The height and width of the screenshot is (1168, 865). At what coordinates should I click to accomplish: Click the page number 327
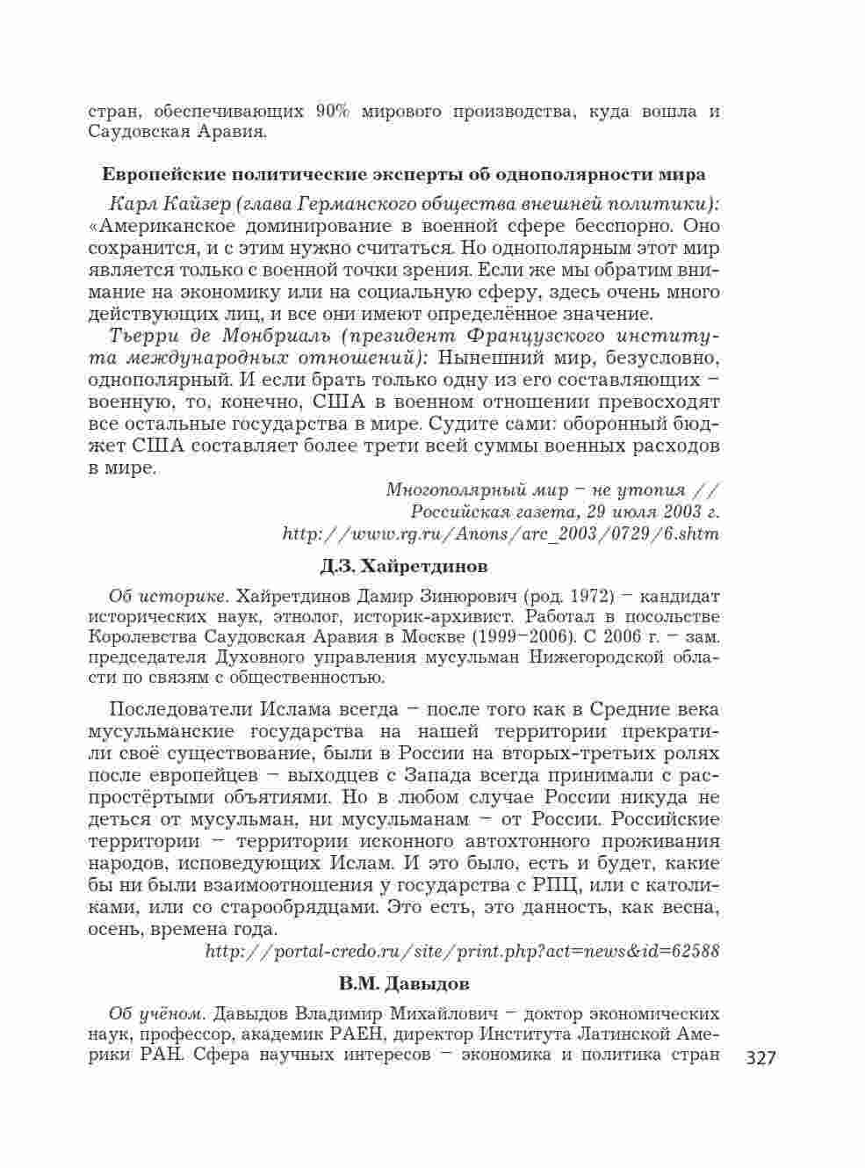coord(760,1057)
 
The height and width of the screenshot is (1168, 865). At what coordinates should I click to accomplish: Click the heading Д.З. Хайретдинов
coord(404,564)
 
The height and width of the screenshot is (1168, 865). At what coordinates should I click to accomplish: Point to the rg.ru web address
coord(501,533)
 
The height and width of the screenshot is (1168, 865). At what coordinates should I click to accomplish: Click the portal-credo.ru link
coord(462,950)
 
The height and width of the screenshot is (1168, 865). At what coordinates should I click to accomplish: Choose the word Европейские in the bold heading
coord(164,174)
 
